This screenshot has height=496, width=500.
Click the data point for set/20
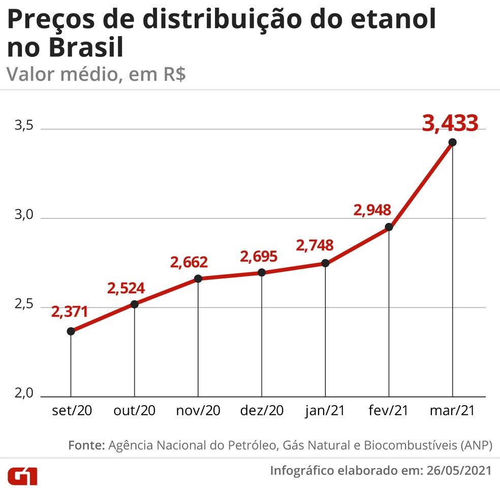71,331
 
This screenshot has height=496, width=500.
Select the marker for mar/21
452,142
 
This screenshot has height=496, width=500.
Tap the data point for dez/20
262,272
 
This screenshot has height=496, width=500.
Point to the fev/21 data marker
389,227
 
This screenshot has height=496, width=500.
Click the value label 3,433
450,123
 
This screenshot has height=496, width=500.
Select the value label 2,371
70,311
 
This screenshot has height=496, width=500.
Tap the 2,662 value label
189,262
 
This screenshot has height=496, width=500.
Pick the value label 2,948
372,209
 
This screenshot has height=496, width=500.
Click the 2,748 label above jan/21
315,245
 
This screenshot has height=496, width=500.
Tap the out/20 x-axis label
134,411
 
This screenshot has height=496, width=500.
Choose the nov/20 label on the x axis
198,411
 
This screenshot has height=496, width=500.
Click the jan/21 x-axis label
325,411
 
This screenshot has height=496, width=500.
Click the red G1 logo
23,476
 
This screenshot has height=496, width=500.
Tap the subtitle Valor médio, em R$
97,74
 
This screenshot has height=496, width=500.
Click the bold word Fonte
86,445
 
